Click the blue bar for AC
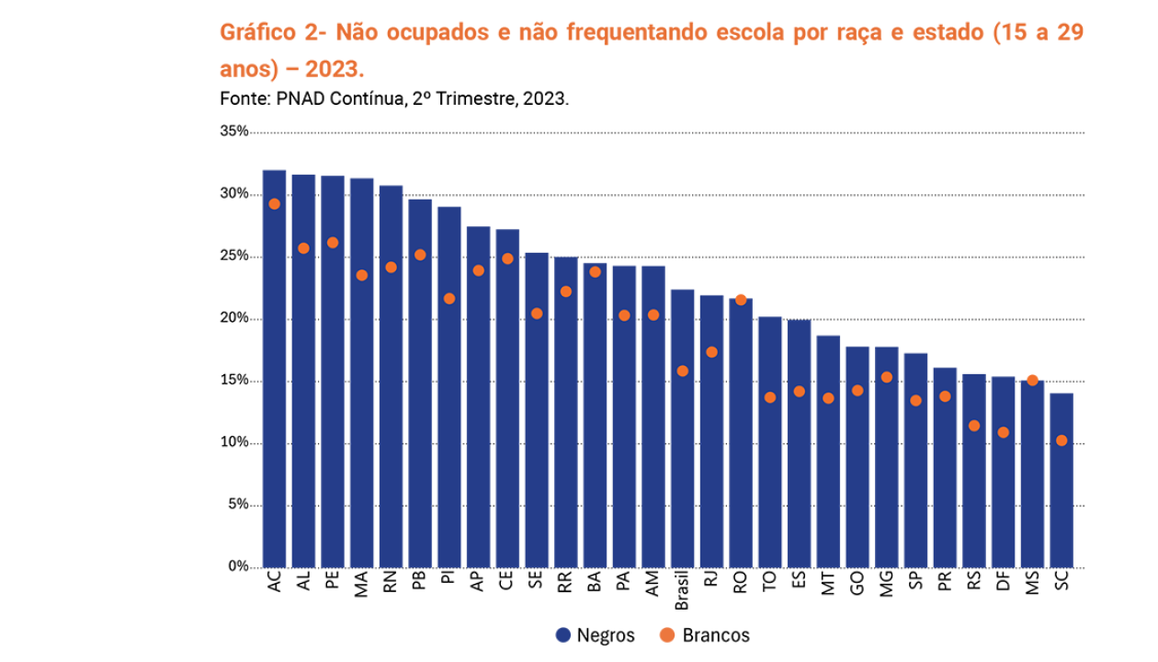[274, 368]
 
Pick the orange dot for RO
[741, 300]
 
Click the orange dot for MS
[1032, 381]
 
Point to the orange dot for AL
[303, 248]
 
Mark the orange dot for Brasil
[682, 371]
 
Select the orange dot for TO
[770, 397]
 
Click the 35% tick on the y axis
[234, 131]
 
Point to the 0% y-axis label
[237, 566]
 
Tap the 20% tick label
[234, 318]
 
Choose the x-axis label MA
[361, 584]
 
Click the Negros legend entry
[596, 635]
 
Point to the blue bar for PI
[449, 386]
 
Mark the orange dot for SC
[1061, 440]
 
